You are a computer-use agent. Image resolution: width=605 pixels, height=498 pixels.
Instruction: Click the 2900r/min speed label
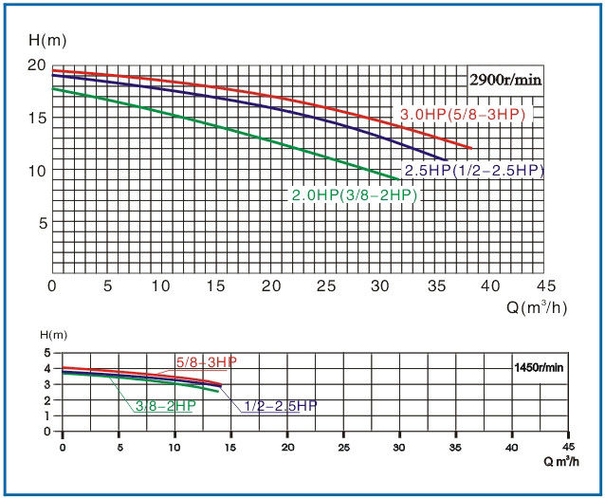pos(504,81)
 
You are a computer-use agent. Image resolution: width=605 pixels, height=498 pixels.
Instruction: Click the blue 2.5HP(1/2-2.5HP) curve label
pos(474,171)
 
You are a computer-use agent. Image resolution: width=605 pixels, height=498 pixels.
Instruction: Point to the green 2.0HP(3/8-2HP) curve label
pos(354,194)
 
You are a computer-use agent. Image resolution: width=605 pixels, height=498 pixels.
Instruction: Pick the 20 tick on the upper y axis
pos(37,65)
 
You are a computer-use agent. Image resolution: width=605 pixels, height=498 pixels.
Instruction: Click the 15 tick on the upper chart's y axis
pos(37,118)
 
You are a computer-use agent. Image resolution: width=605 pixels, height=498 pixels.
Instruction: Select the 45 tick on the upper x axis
pos(544,286)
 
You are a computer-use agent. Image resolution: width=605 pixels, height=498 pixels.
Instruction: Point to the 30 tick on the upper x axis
pos(380,286)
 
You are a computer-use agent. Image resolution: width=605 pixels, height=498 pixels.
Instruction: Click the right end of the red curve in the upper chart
pos(471,148)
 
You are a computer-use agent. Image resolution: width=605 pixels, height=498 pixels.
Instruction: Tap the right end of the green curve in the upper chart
pos(398,179)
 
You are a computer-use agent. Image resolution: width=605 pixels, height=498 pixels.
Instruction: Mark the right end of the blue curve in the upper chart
pos(446,159)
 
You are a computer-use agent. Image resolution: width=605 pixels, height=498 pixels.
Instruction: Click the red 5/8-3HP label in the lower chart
pos(206,361)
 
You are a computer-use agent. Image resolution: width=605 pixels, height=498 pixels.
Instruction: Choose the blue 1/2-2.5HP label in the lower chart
pos(280,405)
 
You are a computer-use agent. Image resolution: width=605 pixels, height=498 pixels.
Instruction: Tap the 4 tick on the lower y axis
pos(46,367)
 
